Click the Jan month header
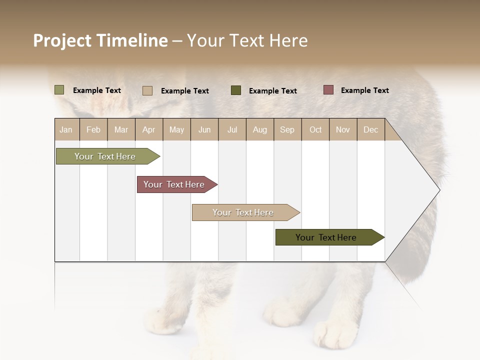coord(66,129)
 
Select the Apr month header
coord(149,129)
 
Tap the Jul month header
coord(232,129)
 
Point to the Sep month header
coord(287,129)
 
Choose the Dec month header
coord(370,129)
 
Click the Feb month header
coord(93,129)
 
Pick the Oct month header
coord(315,129)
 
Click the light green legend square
coord(59,90)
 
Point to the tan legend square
coord(147,90)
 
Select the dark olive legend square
coord(236,90)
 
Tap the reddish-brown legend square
coord(328,90)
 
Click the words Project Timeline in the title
coord(100,40)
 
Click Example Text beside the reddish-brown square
coord(364,90)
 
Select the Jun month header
coord(204,129)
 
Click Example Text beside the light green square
coord(96,90)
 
